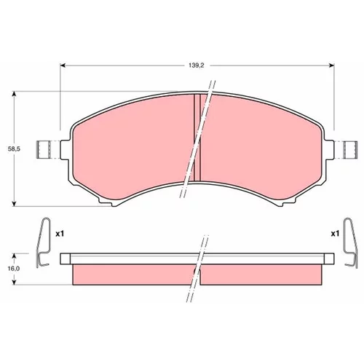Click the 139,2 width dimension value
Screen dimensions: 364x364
tap(197, 66)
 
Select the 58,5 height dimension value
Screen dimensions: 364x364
tap(14, 149)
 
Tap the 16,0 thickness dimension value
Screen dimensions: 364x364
tap(14, 269)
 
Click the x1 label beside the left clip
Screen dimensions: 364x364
tap(60, 234)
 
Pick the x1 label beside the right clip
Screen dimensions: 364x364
tap(335, 234)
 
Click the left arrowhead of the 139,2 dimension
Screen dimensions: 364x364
tap(63, 66)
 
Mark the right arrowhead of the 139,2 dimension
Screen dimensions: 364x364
tap(331, 66)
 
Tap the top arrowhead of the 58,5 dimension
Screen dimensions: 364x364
tap(15, 95)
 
